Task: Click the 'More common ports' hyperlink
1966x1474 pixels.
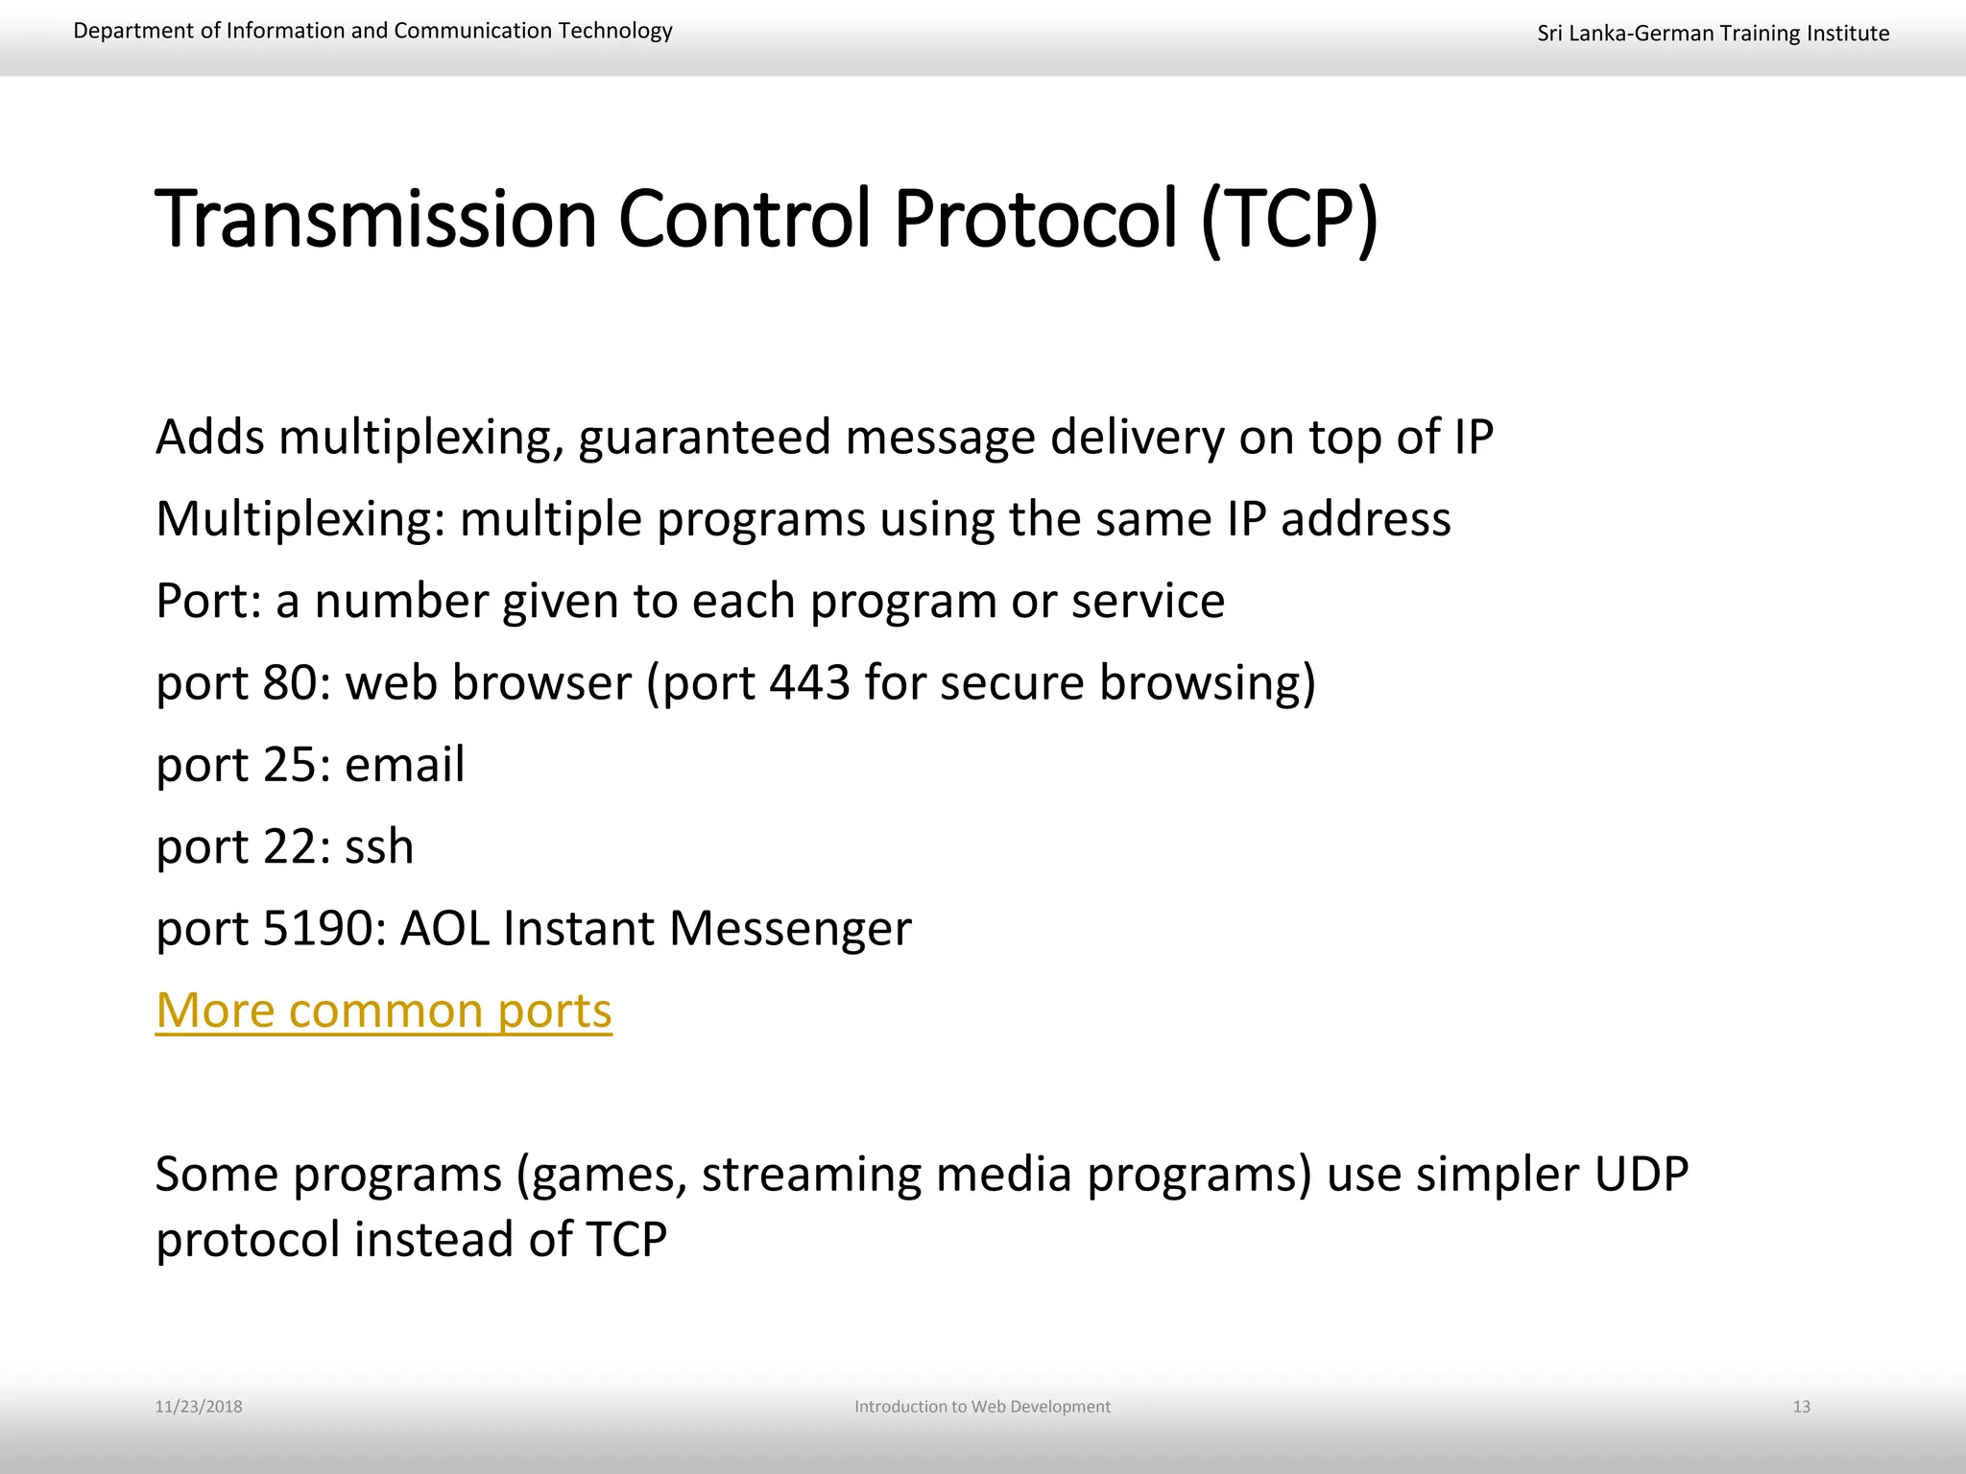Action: [384, 1010]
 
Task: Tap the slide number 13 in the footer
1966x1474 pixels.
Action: [1801, 1407]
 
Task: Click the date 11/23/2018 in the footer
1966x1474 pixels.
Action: [199, 1407]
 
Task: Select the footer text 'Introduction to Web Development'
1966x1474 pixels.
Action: [982, 1407]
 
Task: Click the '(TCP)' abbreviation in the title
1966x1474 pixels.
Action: [1289, 220]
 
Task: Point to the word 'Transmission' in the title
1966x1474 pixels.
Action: [376, 220]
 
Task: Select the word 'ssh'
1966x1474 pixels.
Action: [379, 847]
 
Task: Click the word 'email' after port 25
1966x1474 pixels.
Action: [404, 765]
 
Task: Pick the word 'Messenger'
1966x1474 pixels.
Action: [789, 929]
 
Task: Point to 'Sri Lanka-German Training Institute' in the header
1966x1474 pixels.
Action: [1713, 34]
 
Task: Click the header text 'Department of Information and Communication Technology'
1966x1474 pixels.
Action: [372, 31]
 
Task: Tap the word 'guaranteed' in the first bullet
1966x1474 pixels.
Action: [705, 438]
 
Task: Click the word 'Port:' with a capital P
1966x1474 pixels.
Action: [208, 602]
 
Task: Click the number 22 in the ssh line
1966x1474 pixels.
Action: [290, 847]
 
